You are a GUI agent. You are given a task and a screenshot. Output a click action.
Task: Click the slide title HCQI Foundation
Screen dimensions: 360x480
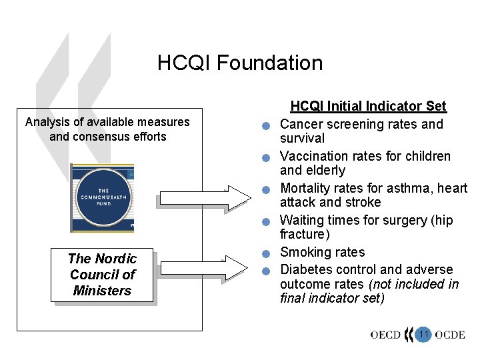(x=240, y=63)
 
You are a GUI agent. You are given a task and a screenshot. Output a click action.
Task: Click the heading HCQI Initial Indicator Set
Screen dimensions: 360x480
(x=368, y=106)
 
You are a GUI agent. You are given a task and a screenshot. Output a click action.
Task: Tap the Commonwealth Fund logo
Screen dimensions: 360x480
(x=103, y=198)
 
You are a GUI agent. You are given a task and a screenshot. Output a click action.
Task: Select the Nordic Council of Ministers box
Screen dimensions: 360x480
(x=103, y=275)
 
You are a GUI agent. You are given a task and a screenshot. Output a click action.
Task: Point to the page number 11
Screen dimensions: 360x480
(x=423, y=334)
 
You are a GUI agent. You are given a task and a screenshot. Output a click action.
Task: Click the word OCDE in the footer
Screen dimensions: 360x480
(x=450, y=335)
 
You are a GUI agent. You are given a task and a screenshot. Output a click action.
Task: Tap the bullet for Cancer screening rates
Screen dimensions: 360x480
(x=265, y=127)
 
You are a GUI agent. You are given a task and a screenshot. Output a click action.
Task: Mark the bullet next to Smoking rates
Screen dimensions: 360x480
(x=265, y=254)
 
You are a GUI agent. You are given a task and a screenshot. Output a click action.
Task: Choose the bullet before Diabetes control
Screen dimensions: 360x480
(x=265, y=271)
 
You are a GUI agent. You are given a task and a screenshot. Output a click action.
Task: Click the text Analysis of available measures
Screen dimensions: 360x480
(x=107, y=122)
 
